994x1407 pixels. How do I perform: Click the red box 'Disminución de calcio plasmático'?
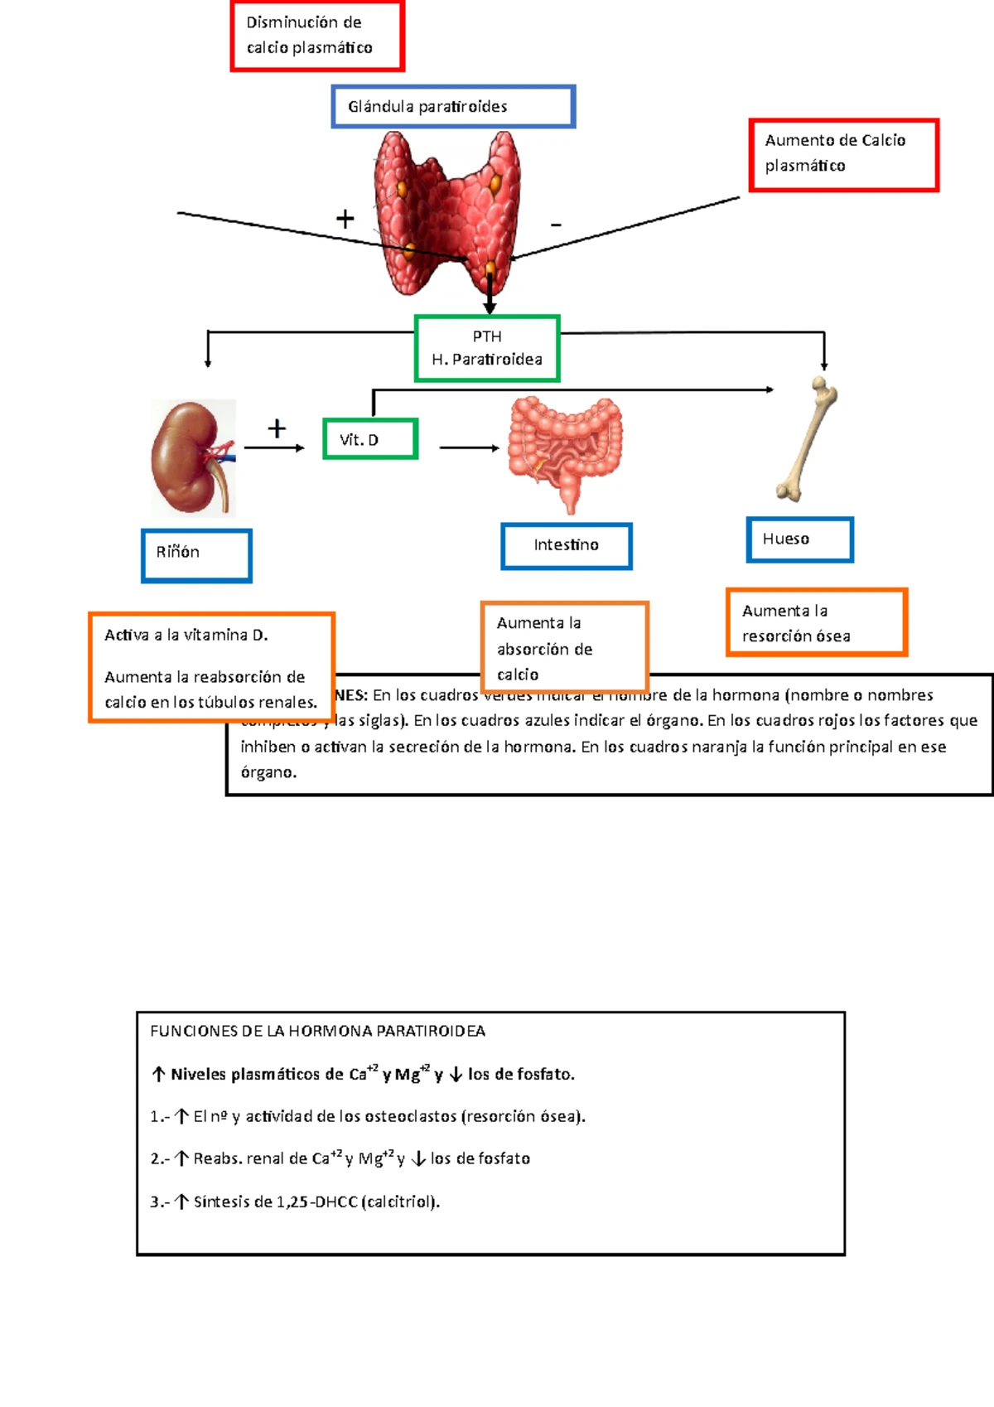pyautogui.click(x=317, y=36)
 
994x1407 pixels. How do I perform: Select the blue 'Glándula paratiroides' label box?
pyautogui.click(x=453, y=106)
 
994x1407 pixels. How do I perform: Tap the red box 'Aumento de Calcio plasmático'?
pyautogui.click(x=843, y=155)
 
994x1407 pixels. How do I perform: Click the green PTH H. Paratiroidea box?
pyautogui.click(x=487, y=348)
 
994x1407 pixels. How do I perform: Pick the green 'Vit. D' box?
pyautogui.click(x=369, y=439)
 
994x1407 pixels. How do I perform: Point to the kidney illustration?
pyautogui.click(x=193, y=458)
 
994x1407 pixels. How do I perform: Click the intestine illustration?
pyautogui.click(x=565, y=452)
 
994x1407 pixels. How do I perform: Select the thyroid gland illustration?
pyautogui.click(x=448, y=211)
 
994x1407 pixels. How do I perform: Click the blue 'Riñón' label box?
pyautogui.click(x=196, y=555)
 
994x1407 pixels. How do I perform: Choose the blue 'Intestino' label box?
pyautogui.click(x=567, y=545)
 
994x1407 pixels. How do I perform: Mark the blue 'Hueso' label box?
pyautogui.click(x=799, y=539)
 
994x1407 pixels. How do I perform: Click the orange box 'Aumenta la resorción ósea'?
pyautogui.click(x=817, y=623)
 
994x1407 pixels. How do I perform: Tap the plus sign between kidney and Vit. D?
pyautogui.click(x=277, y=428)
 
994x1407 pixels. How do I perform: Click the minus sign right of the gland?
pyautogui.click(x=556, y=225)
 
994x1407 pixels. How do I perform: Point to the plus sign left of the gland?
pyautogui.click(x=345, y=219)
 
